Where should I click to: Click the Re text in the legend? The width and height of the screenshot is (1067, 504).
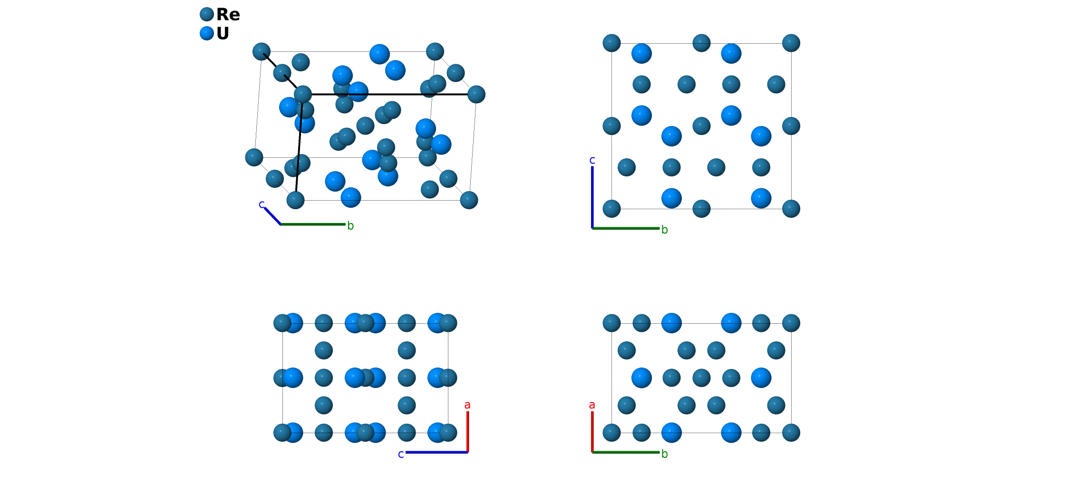point(228,15)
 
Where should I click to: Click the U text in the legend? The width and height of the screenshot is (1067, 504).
point(223,34)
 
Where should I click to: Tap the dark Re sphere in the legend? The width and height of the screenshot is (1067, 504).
point(207,14)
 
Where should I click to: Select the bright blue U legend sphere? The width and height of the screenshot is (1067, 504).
point(207,33)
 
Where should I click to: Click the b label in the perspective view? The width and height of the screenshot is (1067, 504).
point(350,226)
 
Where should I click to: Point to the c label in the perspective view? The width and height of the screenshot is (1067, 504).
point(262,204)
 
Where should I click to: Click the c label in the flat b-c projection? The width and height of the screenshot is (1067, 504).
point(592,160)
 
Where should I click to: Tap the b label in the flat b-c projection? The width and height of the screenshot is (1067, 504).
point(665,230)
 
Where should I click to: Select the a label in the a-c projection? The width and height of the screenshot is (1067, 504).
point(467,405)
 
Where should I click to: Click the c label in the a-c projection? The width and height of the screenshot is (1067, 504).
point(401,455)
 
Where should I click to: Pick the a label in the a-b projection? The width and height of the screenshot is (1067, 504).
point(592,405)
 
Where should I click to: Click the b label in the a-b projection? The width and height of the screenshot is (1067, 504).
point(665,454)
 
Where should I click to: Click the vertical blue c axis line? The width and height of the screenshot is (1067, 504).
point(592,197)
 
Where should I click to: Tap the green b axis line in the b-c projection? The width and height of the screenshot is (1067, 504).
point(626,228)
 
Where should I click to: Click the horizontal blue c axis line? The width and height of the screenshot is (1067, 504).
point(436,452)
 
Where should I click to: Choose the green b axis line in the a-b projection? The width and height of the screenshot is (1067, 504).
point(626,452)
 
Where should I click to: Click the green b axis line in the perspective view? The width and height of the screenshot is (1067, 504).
point(313,224)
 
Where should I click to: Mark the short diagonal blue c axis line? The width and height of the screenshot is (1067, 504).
point(272,216)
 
